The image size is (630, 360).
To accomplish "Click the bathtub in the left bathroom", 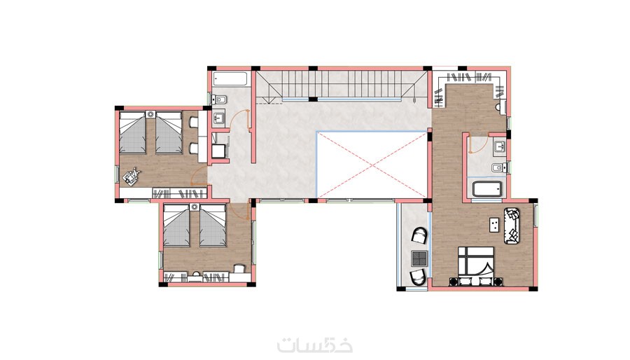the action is point(230,78).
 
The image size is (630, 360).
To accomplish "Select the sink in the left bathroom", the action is point(218,118).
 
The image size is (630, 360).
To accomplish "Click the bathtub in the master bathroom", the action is point(487,189).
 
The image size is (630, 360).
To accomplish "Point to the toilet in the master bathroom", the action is point(498,167).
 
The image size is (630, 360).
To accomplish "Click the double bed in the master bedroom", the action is point(477,266).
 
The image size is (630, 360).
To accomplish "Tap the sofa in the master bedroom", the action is point(512,226).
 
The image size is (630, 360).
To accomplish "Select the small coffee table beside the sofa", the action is point(493,224).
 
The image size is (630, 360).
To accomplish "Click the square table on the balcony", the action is point(419,258).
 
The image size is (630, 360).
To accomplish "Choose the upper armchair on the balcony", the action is point(419,235).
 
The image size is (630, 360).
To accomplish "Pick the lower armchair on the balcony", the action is point(419,277).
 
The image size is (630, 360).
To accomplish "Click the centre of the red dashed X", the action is point(372,165).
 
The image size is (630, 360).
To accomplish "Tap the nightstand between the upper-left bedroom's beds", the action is point(150,114).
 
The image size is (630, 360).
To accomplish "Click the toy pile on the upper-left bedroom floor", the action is point(132,176).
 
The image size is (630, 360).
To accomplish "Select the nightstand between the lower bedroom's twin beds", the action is point(195,207).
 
